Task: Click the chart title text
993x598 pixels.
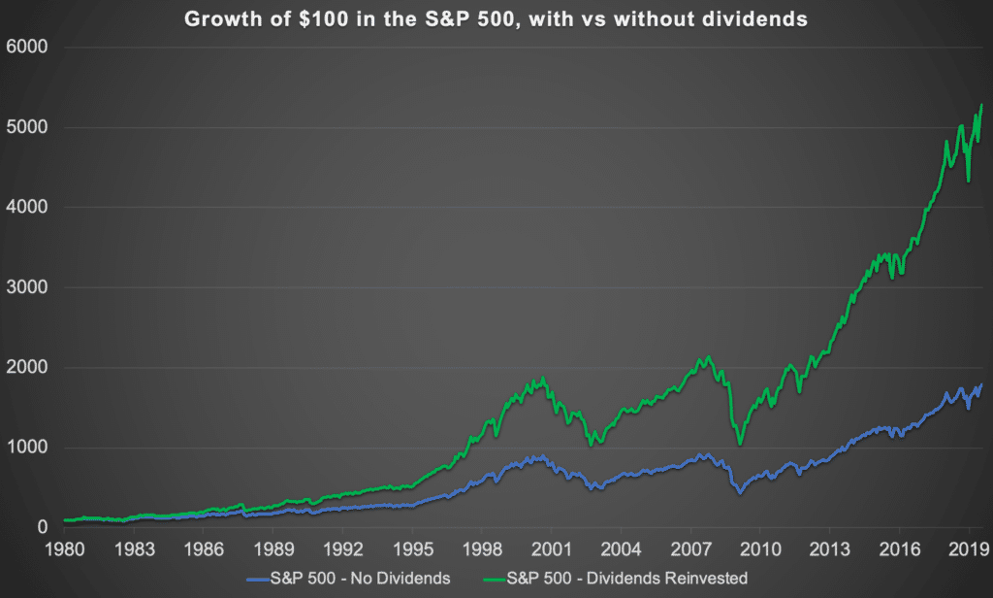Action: point(496,18)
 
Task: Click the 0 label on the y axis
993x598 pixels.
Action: point(42,527)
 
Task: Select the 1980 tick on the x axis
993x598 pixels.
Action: point(65,548)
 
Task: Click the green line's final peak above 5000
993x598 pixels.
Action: point(982,105)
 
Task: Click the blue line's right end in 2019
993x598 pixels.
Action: point(982,385)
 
